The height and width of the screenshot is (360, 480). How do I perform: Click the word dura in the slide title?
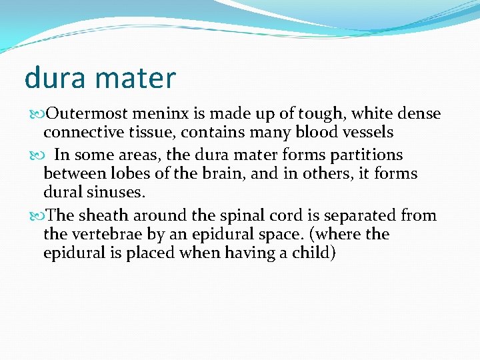click(x=55, y=78)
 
